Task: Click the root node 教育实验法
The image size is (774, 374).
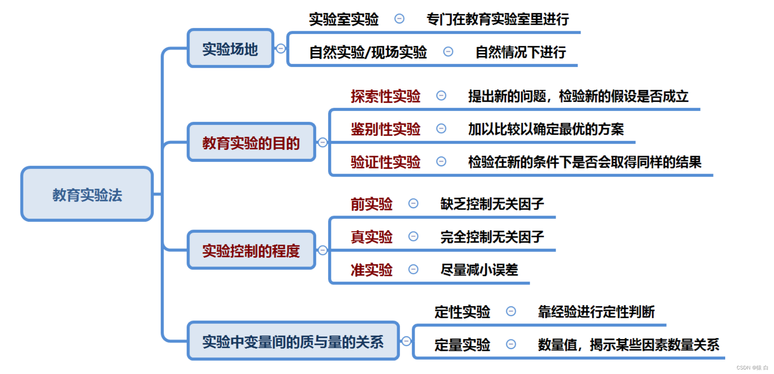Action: [87, 194]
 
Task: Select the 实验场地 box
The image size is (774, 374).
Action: [230, 48]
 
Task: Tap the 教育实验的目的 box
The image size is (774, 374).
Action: [251, 142]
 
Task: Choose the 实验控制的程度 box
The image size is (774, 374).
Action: [251, 250]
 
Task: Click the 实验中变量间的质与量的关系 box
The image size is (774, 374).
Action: [293, 341]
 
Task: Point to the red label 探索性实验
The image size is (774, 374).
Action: [385, 96]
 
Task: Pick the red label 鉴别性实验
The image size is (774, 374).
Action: [385, 129]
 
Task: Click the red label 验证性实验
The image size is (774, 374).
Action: [385, 162]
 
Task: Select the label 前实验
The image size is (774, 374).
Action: [371, 204]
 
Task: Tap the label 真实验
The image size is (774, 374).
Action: [371, 236]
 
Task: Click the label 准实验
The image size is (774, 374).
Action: [371, 269]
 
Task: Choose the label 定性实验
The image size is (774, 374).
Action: [462, 312]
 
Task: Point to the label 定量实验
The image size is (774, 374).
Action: [462, 344]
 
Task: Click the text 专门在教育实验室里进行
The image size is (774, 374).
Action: [498, 19]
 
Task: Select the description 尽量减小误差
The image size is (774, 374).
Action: [479, 269]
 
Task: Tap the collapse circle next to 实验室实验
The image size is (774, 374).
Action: [399, 18]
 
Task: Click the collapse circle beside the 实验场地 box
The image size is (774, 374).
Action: [281, 48]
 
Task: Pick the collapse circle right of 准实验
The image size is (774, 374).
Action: [413, 269]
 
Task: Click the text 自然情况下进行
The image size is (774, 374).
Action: [521, 52]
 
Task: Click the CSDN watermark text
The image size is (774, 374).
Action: [752, 367]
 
